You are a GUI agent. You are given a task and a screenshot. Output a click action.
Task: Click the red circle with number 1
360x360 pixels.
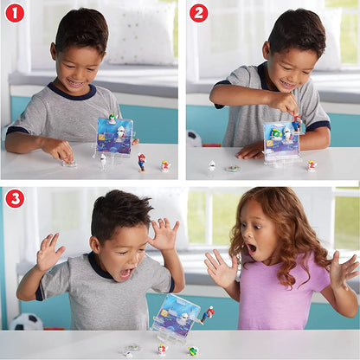coord(15,13)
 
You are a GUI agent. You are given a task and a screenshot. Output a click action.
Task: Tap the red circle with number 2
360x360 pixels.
coord(199,13)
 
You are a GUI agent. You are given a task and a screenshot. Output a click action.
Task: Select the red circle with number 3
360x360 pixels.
coord(15,198)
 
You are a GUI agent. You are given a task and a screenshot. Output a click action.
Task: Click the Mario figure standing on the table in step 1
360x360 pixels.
coord(141,163)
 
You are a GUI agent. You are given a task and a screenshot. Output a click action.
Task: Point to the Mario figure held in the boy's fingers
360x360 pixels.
coord(297,123)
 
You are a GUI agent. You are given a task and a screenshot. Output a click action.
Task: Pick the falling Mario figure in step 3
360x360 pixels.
coord(208,315)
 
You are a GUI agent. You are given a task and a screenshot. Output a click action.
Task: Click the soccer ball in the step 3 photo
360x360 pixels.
coord(26,322)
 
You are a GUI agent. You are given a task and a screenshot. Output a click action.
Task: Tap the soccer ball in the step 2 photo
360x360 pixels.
coord(193,139)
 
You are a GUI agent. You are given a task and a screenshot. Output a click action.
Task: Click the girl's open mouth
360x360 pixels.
coord(251,248)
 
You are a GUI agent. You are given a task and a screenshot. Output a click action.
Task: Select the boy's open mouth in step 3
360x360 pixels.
coord(126,273)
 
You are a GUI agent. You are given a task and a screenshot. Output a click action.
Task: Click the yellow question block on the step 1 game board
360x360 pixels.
coord(101,136)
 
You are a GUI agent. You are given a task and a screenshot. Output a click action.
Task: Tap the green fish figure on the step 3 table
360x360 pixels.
coord(193,350)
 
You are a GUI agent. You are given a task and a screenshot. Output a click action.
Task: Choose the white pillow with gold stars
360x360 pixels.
coord(141,33)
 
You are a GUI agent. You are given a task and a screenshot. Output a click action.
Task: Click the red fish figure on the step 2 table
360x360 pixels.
coord(312,166)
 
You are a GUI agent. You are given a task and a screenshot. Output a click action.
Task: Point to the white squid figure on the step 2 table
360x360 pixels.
coord(211,165)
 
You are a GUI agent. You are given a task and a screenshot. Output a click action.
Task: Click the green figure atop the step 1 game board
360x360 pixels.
coord(112,118)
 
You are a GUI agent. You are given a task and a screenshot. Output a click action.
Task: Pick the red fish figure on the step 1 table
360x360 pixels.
coord(165,166)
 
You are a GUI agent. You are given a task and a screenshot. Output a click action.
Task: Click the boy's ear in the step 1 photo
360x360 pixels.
coord(54,51)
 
